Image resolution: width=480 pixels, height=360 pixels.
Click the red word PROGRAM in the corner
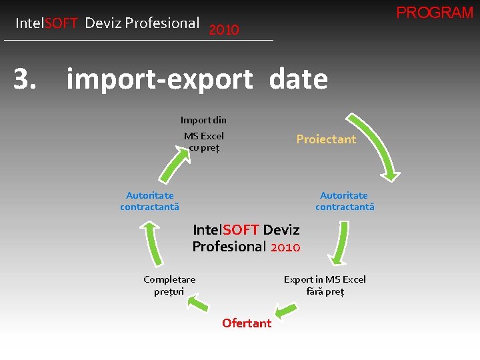click(435, 13)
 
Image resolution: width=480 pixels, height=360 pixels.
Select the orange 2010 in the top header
click(224, 30)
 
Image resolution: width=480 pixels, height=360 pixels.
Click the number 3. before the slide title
click(25, 79)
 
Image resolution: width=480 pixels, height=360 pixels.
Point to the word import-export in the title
click(160, 80)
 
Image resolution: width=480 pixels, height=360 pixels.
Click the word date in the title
click(299, 80)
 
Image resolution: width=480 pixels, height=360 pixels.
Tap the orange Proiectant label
click(326, 139)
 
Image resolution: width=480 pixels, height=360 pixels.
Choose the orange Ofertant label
click(247, 323)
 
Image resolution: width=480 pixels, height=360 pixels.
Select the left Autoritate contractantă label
click(150, 201)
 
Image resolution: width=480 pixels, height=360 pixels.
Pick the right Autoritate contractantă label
click(344, 201)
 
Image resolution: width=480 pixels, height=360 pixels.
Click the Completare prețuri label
click(169, 285)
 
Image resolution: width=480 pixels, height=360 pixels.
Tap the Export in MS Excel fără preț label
click(325, 285)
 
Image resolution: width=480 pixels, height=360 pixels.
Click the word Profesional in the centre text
click(229, 247)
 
